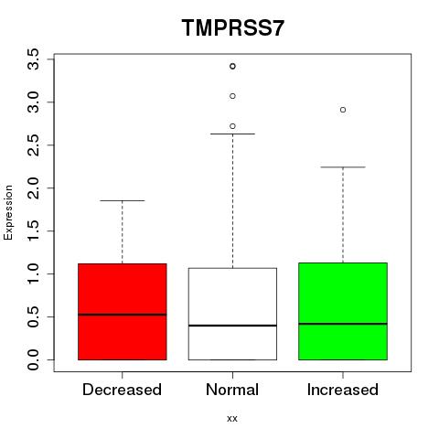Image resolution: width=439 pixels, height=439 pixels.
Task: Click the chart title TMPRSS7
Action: tap(233, 28)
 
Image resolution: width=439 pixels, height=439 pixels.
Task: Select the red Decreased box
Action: tap(123, 312)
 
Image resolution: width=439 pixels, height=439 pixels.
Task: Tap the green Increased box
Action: tap(343, 311)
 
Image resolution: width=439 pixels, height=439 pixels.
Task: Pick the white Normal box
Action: tap(232, 314)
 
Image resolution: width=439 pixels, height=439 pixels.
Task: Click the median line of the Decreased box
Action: tap(123, 315)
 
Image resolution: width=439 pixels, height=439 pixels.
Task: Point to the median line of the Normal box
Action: tap(232, 326)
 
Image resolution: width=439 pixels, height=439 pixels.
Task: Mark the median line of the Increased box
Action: tap(343, 324)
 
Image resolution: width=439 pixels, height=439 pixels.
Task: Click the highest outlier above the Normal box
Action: tap(232, 66)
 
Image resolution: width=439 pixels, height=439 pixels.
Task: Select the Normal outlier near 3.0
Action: tap(232, 96)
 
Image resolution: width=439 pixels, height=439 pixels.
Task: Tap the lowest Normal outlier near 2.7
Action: tap(232, 126)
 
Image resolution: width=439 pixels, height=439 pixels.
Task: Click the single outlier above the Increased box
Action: tap(343, 110)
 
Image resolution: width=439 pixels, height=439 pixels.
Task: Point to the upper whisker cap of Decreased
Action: tap(123, 200)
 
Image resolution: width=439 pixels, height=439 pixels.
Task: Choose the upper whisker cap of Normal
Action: tap(232, 134)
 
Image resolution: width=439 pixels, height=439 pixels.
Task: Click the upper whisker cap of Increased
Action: tap(343, 167)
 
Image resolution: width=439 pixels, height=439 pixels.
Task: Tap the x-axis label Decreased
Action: tap(122, 390)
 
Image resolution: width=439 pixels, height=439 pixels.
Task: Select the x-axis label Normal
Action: tap(232, 390)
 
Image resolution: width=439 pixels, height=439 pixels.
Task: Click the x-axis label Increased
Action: tap(343, 390)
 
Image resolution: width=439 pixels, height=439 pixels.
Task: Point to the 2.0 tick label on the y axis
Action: tap(33, 187)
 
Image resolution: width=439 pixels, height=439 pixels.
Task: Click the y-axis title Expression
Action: tap(8, 212)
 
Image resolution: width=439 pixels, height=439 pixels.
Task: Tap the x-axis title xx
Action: tap(232, 419)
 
